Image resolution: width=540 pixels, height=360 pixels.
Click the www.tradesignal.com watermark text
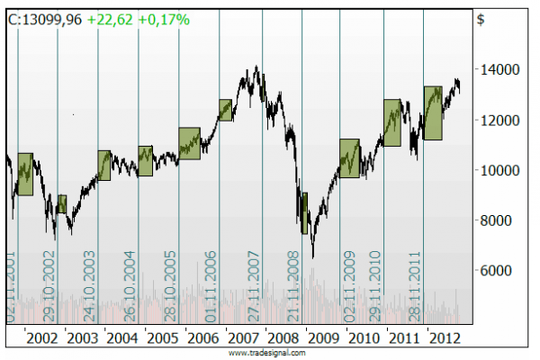[267, 354]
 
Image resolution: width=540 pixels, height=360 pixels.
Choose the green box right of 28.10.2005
[188, 144]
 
